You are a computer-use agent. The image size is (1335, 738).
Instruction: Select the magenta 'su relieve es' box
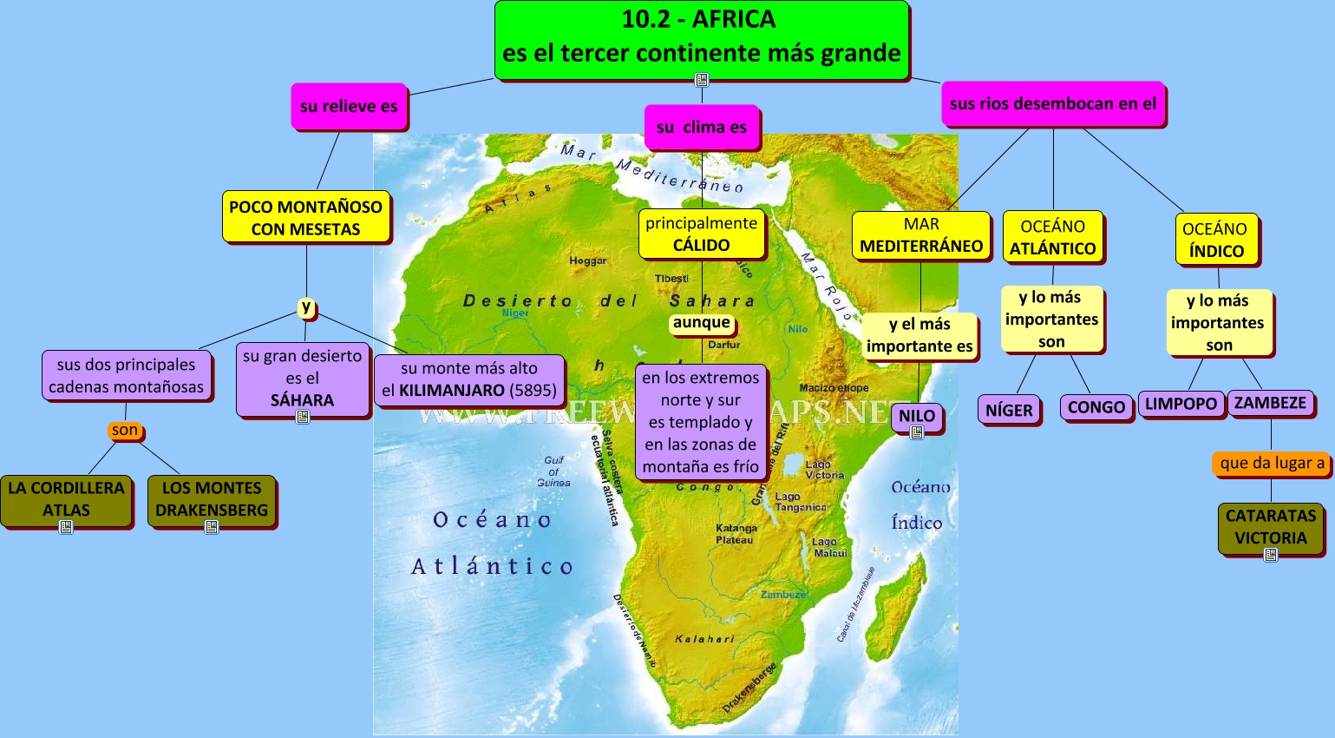pos(349,107)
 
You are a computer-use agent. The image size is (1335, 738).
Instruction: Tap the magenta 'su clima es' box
pos(702,128)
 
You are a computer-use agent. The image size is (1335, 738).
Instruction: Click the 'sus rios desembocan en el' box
pos(1053,104)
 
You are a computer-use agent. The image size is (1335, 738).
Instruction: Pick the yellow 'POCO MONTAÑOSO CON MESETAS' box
pos(306,218)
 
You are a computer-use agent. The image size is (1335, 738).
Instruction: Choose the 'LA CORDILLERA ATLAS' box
pos(66,499)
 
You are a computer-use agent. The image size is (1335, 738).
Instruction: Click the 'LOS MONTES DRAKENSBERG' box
pos(212,499)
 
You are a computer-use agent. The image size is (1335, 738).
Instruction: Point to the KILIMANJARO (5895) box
pos(469,379)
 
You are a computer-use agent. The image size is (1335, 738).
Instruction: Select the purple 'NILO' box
pos(917,416)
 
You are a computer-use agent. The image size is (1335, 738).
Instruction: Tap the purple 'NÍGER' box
pos(1009,411)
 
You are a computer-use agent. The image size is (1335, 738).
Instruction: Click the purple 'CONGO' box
pos(1096,407)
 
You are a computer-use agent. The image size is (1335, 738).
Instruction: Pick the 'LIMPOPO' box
pos(1181,404)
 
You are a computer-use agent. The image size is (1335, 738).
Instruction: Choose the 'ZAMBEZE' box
pos(1270,403)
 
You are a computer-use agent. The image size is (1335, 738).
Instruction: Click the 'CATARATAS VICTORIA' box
pos(1271,527)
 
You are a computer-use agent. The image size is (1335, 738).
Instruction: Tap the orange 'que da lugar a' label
pos(1272,464)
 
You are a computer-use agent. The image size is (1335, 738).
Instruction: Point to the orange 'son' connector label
pos(125,430)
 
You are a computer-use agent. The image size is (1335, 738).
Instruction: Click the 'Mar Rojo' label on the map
pos(827,287)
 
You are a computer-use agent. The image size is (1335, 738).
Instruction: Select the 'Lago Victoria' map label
pos(823,470)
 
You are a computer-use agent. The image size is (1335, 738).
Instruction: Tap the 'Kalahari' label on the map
pos(704,639)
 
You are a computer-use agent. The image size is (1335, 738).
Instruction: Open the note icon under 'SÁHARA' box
pos(303,417)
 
